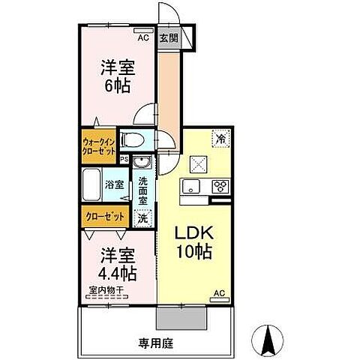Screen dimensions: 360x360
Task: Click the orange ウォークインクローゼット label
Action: coord(99,144)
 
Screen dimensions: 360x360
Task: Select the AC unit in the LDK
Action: coord(220,293)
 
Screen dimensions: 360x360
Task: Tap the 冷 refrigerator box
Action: coord(220,137)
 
